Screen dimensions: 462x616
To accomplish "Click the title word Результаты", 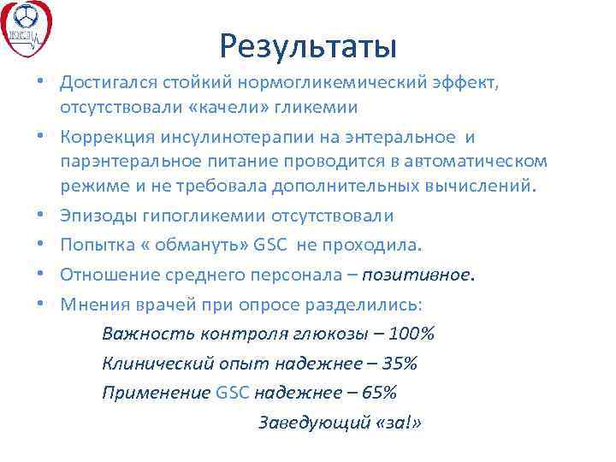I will click(308, 45).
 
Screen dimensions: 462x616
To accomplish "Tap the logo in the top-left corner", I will click(27, 27).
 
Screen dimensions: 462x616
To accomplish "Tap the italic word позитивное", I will click(417, 276).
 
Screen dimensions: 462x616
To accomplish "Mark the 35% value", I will click(399, 364).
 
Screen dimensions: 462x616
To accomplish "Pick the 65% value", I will click(377, 394).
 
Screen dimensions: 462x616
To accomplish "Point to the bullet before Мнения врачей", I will click(41, 305).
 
